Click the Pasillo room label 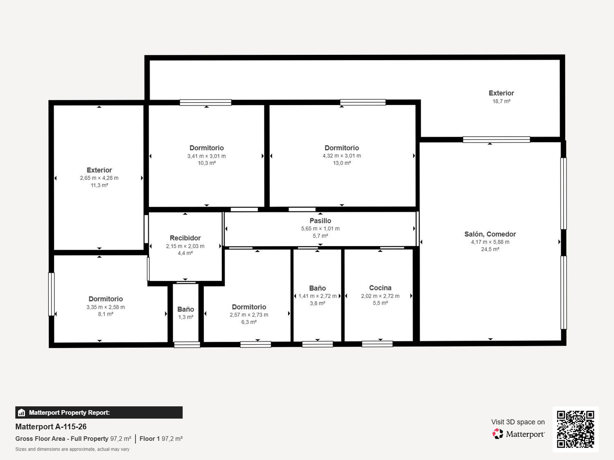pos(320,221)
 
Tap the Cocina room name pos(380,288)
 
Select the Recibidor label pos(185,238)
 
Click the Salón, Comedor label pos(490,234)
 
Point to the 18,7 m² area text pos(501,101)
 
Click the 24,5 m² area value pos(490,249)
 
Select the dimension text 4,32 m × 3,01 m pos(341,155)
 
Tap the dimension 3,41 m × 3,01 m pos(206,156)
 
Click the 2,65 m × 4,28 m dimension pos(99,178)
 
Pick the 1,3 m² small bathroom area pos(185,317)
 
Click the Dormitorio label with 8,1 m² pos(106,299)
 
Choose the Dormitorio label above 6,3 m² pos(249,307)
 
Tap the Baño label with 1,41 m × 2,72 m pos(317,288)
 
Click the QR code pos(576,429)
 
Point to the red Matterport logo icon pos(498,434)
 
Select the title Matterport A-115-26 pos(51,426)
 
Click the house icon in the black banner pos(22,413)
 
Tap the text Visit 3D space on pos(518,422)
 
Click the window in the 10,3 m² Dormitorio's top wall pos(205,103)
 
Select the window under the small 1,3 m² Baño pos(187,345)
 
